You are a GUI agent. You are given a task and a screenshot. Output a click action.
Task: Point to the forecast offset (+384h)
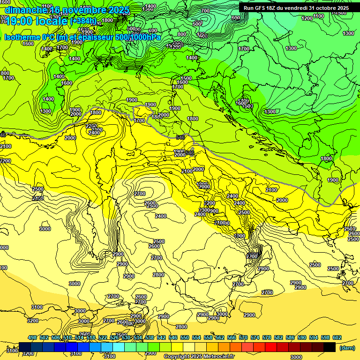[x=84, y=22]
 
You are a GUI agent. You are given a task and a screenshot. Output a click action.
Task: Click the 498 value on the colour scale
[x=32, y=337]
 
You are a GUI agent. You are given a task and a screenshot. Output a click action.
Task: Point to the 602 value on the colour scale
[x=337, y=337]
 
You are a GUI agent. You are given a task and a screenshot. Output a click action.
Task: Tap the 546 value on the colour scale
[x=173, y=337]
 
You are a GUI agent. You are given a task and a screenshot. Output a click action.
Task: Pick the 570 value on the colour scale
[x=243, y=337]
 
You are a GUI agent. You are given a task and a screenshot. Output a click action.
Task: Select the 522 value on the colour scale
[x=103, y=337]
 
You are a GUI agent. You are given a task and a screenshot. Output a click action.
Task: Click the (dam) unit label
[x=347, y=347]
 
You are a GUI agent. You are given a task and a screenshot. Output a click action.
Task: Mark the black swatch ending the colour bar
[x=330, y=347]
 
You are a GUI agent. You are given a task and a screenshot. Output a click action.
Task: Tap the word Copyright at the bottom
[x=177, y=357]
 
